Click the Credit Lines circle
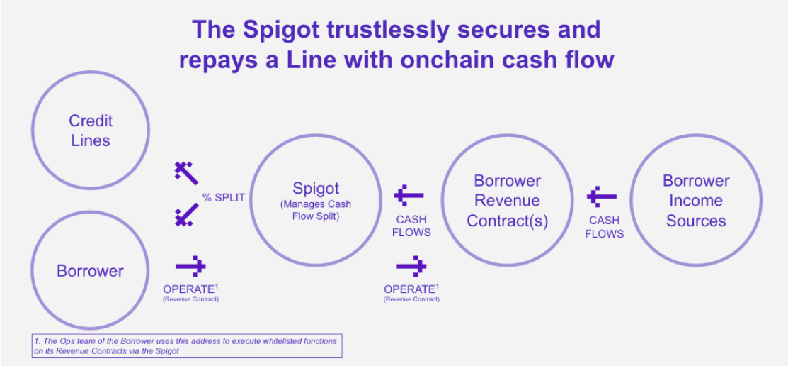[x=91, y=72]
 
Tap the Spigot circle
[x=316, y=135]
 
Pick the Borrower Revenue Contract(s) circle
[x=507, y=135]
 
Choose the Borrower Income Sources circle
[x=696, y=135]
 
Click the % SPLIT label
[x=224, y=197]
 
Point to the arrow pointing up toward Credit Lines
[x=186, y=173]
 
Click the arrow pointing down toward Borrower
[x=186, y=214]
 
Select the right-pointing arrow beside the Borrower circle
[x=190, y=267]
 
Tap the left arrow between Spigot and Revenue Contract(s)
[x=409, y=195]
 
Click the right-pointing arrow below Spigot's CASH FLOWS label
[x=411, y=267]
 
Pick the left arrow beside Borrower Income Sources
[x=602, y=197]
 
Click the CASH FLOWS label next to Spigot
[x=411, y=226]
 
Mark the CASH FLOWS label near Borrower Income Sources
[x=605, y=227]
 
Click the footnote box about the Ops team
[x=186, y=346]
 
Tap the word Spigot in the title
[x=282, y=30]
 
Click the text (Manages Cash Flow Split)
[x=316, y=211]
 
